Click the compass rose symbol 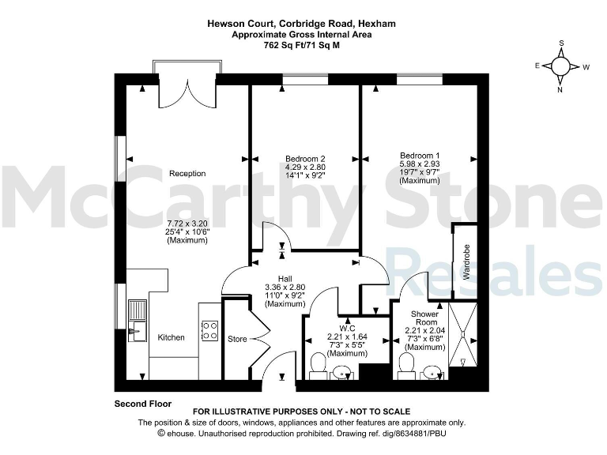click(x=562, y=66)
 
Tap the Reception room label click(x=187, y=174)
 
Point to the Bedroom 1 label click(x=419, y=155)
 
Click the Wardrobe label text click(x=466, y=262)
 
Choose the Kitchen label click(x=171, y=337)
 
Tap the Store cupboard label click(x=237, y=340)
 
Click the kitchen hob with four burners click(x=209, y=329)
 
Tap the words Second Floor click(x=142, y=403)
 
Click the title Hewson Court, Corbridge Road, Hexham click(x=302, y=24)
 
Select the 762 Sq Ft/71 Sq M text click(x=302, y=46)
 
